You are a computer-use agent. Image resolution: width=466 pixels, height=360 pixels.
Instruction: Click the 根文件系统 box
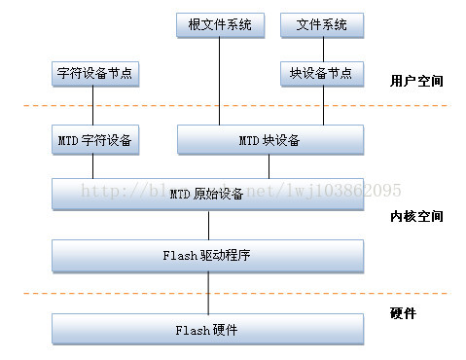click(x=220, y=24)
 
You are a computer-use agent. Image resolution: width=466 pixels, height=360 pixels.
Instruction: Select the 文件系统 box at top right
click(x=321, y=24)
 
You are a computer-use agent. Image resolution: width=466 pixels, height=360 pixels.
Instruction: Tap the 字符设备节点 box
click(x=93, y=73)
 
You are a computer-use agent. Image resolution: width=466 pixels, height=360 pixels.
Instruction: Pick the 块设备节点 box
click(x=321, y=73)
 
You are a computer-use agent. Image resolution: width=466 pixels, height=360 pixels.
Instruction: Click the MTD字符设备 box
click(x=93, y=141)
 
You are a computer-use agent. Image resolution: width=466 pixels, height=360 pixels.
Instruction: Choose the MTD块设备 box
click(x=270, y=141)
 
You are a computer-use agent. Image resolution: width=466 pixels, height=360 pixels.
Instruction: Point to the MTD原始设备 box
click(x=207, y=194)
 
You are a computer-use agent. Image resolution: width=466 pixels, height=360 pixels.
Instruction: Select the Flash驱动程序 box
click(x=207, y=257)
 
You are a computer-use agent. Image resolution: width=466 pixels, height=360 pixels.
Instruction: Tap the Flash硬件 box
click(x=207, y=330)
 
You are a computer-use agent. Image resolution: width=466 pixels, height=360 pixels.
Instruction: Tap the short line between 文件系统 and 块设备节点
click(x=321, y=49)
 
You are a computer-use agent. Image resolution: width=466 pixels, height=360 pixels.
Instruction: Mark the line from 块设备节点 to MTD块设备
click(x=321, y=107)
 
